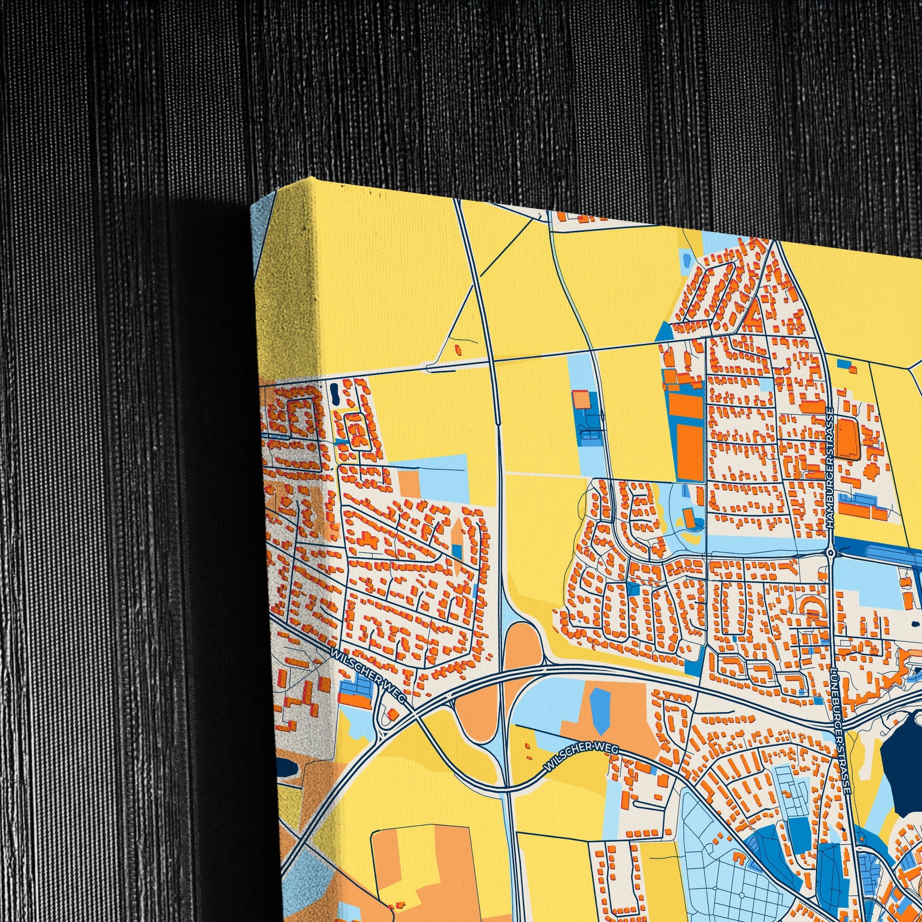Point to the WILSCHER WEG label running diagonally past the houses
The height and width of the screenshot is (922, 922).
pyautogui.click(x=368, y=679)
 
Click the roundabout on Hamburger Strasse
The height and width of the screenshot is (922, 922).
pyautogui.click(x=831, y=552)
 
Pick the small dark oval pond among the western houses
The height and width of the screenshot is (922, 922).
pyautogui.click(x=334, y=392)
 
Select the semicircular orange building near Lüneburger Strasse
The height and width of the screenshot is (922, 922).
pyautogui.click(x=810, y=606)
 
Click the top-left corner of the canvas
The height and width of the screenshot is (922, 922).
pyautogui.click(x=252, y=206)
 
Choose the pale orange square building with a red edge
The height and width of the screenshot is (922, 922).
pyautogui.click(x=581, y=399)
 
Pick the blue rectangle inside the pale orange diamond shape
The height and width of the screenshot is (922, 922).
pyautogui.click(x=457, y=551)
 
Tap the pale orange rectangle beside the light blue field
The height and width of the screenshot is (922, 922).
pyautogui.click(x=408, y=483)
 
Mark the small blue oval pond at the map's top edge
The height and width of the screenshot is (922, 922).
pyautogui.click(x=686, y=260)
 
